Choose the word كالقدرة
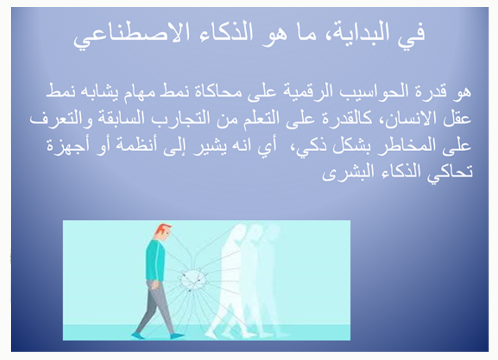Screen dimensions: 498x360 (345, 119)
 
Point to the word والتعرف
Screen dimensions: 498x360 (61, 119)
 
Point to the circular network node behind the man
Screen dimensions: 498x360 (193, 280)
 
